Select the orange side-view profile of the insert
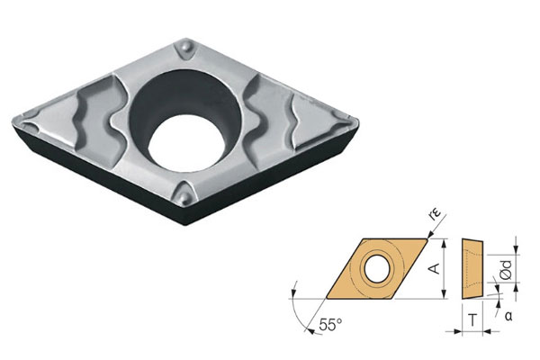(472, 267)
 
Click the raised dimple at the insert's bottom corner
(185, 193)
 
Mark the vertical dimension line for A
(442, 267)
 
